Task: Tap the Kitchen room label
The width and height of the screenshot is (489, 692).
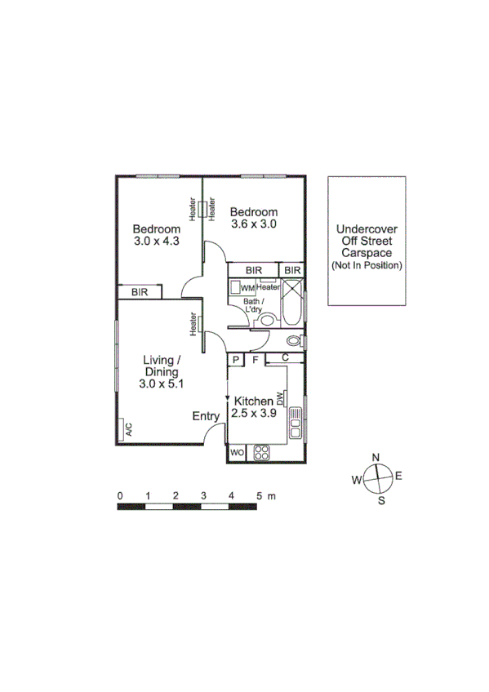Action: click(253, 401)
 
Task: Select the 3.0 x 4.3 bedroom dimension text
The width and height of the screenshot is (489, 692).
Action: click(157, 241)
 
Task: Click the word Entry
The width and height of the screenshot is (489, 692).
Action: click(206, 416)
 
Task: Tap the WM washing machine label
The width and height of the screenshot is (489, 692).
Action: click(247, 288)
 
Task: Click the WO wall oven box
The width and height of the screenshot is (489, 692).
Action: click(238, 452)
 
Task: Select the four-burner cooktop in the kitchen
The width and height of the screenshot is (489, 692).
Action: click(263, 452)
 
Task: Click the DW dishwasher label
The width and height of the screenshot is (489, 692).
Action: click(280, 397)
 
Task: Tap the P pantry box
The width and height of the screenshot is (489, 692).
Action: click(235, 358)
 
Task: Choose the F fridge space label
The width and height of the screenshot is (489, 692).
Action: click(255, 358)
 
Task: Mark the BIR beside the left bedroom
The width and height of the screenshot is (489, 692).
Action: click(140, 291)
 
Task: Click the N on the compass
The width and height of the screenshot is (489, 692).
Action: click(376, 457)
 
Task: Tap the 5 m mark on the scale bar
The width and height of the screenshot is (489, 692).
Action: click(259, 495)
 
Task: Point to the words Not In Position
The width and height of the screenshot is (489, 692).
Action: click(367, 266)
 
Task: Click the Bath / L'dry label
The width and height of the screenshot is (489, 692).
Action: click(254, 306)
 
